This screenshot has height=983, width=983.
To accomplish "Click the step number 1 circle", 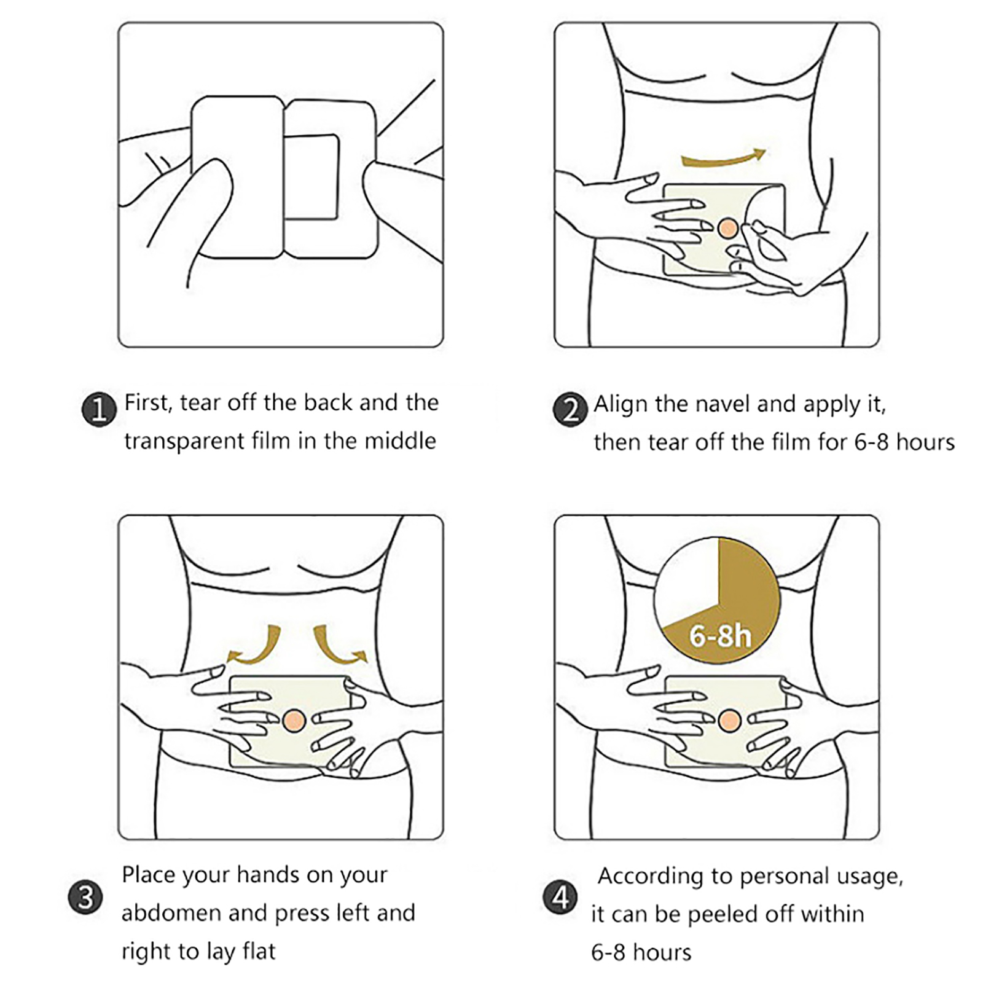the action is [99, 409].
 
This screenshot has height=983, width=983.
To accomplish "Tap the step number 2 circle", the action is [571, 410].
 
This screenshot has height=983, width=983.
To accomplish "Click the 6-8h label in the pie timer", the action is [720, 635].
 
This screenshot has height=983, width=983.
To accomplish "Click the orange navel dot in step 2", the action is [727, 229].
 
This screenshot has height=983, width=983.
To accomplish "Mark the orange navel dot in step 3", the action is [295, 720].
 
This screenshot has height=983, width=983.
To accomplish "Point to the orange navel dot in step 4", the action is [729, 720].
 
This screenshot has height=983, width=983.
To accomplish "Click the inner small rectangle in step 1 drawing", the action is [311, 177].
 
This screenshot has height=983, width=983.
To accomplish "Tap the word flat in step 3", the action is [259, 951].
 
